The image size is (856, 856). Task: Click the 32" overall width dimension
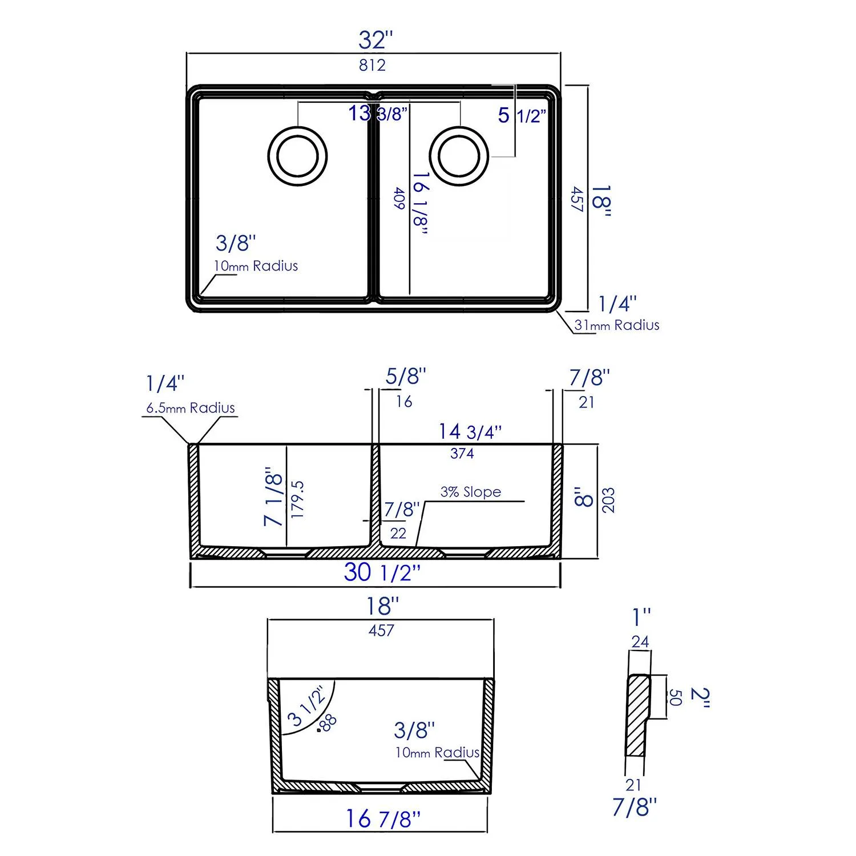[375, 41]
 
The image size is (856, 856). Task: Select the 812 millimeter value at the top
[372, 65]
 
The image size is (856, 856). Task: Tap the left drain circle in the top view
[297, 156]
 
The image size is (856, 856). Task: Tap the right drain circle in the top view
[459, 156]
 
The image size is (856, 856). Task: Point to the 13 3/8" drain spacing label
[378, 114]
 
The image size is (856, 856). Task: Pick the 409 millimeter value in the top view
[399, 199]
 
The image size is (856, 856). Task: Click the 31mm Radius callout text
[616, 325]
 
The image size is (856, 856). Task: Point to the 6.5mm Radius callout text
[191, 408]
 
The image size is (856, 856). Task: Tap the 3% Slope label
[471, 492]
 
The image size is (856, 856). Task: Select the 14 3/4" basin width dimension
[470, 432]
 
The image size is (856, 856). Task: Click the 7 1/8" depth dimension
[273, 500]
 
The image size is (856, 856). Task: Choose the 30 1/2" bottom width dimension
[382, 572]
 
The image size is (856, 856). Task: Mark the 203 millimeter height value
[608, 500]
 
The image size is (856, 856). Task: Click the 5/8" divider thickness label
[406, 377]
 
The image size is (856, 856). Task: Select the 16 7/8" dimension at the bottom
[382, 819]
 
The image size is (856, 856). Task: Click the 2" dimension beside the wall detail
[700, 697]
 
